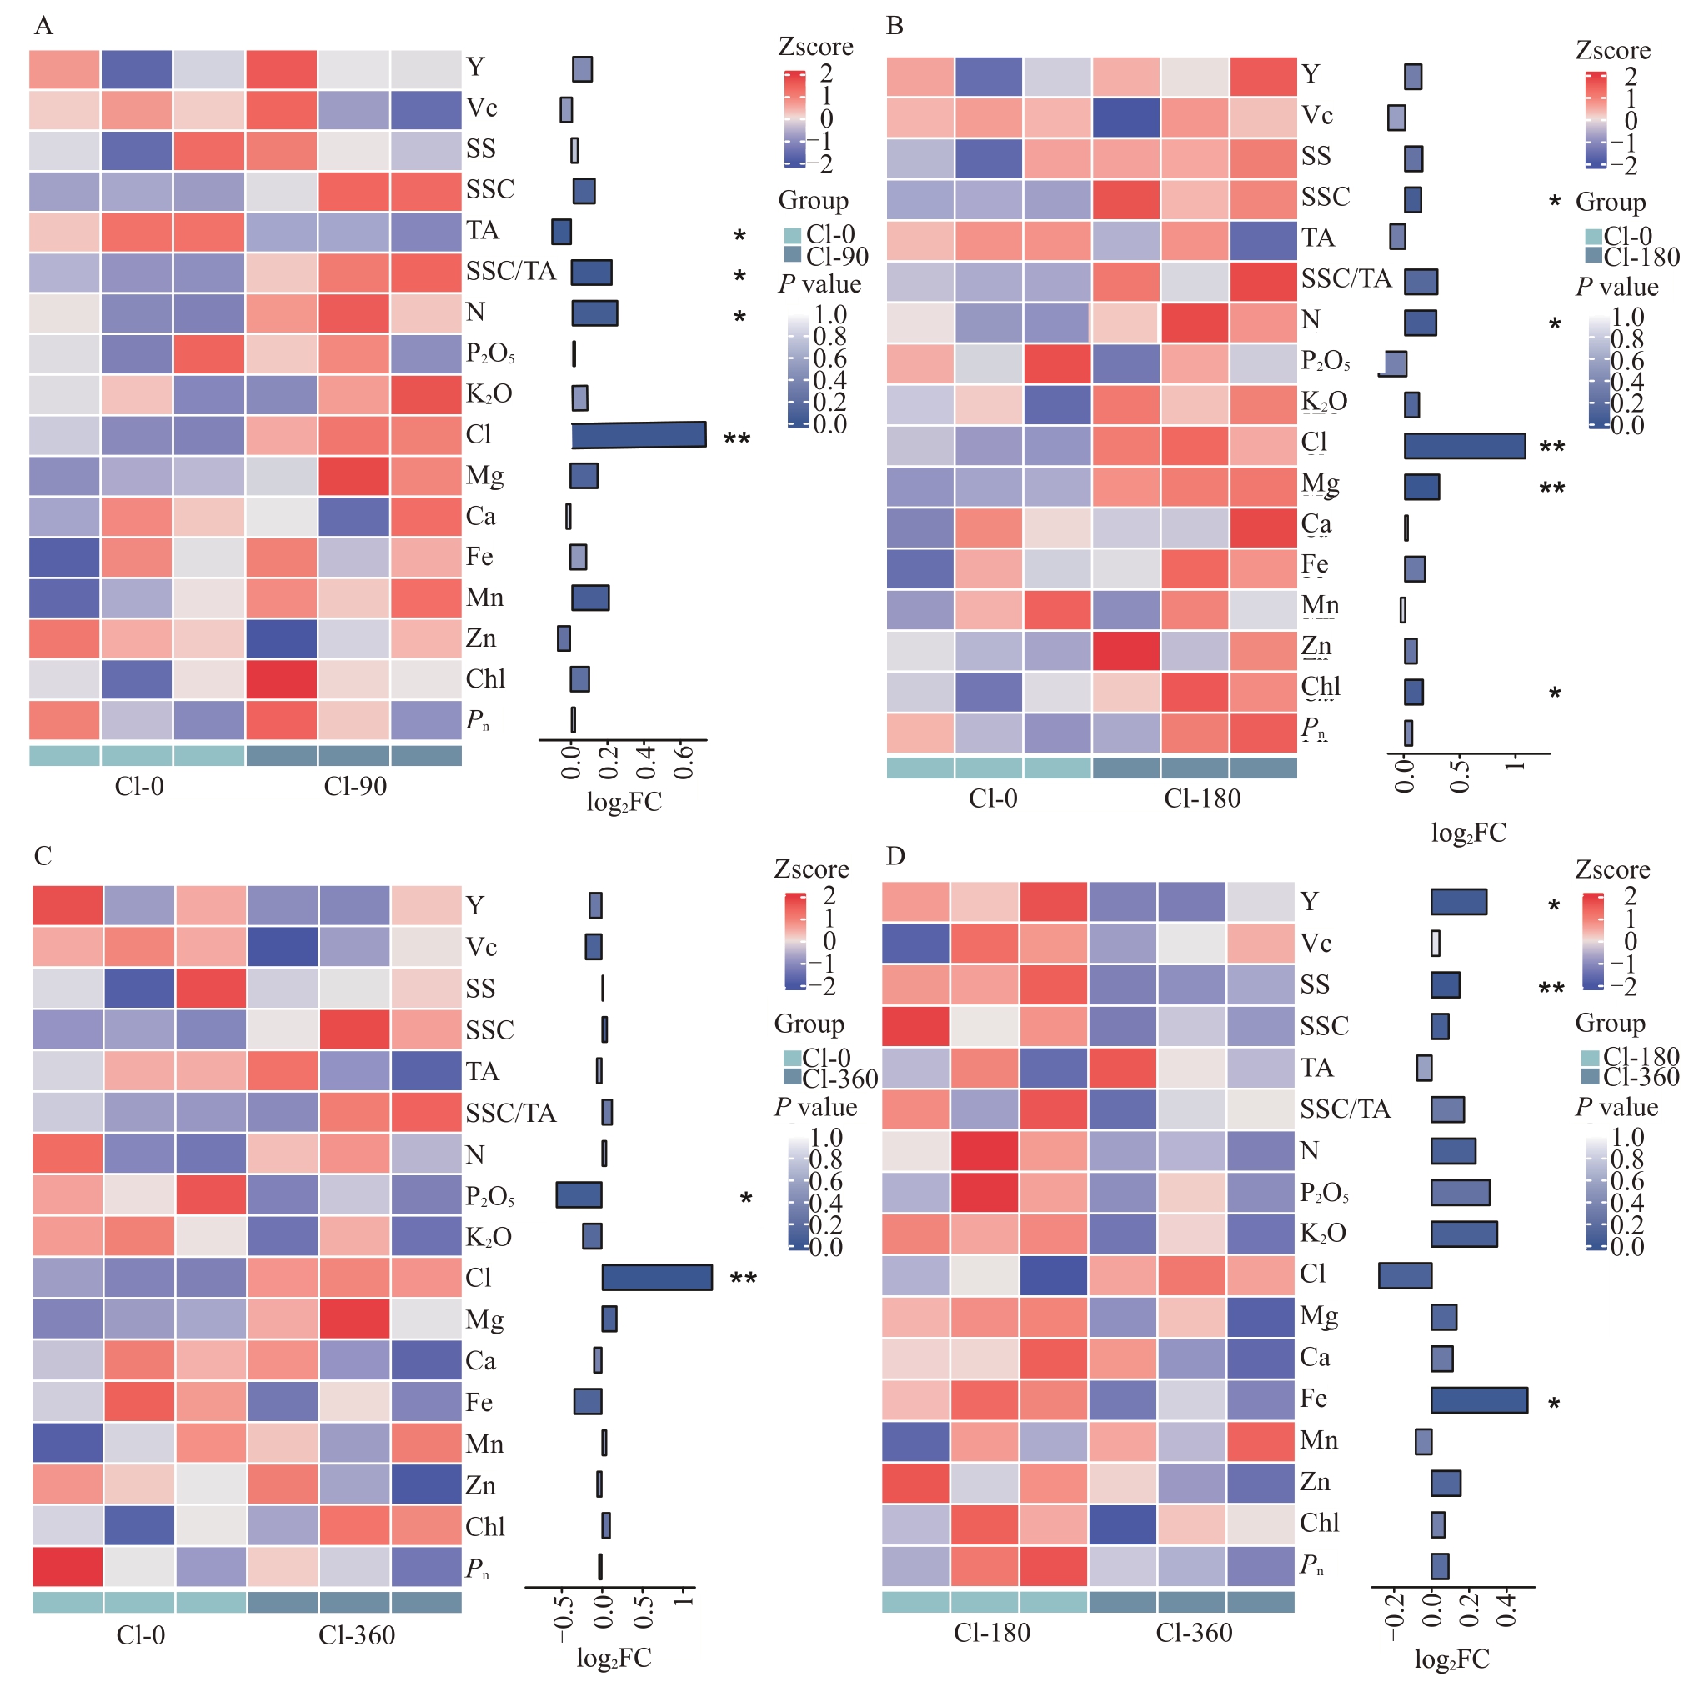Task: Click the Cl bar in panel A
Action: click(x=639, y=434)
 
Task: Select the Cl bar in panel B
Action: click(x=1464, y=446)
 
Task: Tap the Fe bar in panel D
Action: click(x=1478, y=1399)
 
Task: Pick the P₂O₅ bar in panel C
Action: click(x=579, y=1195)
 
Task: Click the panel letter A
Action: click(x=43, y=26)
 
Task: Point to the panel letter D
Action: click(x=895, y=855)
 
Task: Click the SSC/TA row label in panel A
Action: click(x=511, y=271)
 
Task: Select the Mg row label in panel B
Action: click(x=1321, y=483)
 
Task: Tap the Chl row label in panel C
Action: click(x=484, y=1525)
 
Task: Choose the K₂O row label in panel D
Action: click(x=1324, y=1232)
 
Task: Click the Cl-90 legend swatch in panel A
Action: click(x=792, y=254)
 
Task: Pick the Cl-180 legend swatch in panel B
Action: click(x=1591, y=256)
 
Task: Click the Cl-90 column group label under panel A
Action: click(x=354, y=786)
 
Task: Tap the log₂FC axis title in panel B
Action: click(x=1469, y=833)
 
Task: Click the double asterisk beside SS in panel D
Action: click(x=1551, y=989)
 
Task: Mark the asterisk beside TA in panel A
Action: click(x=739, y=236)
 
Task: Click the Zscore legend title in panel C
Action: click(x=811, y=869)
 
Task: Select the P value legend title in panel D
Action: click(x=1616, y=1107)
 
